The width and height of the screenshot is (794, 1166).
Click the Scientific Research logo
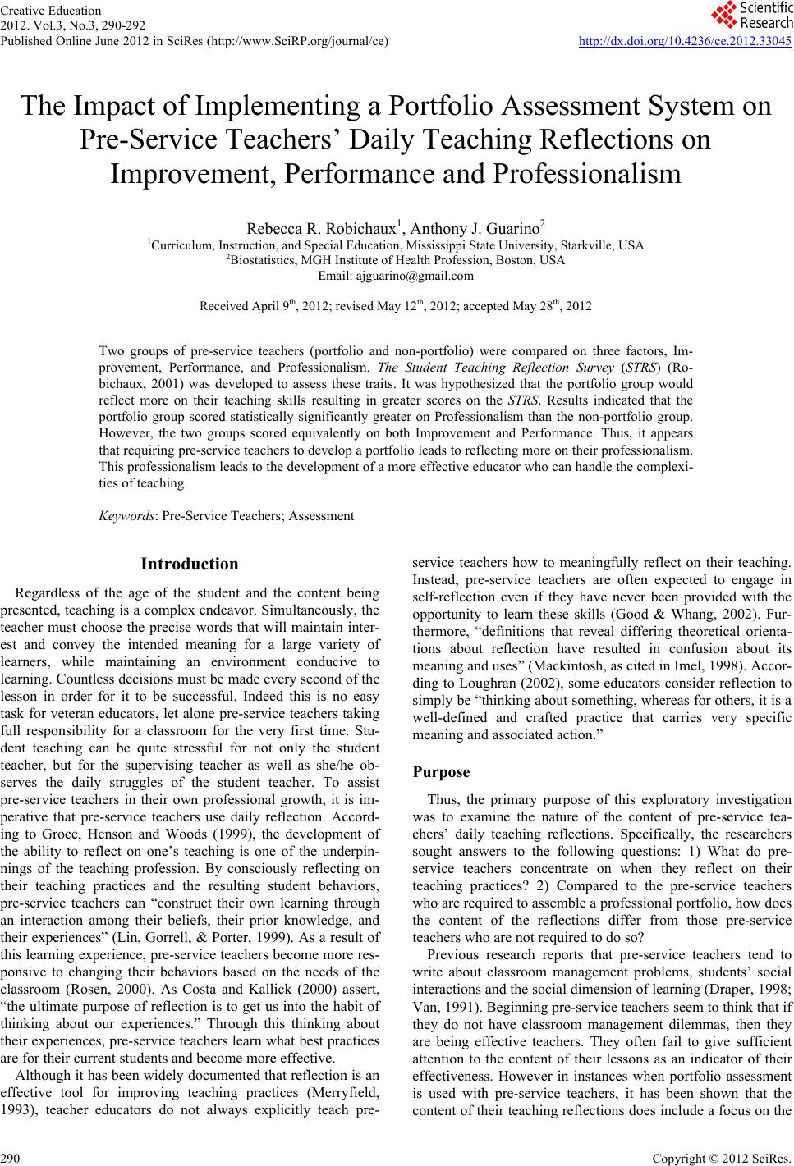[752, 14]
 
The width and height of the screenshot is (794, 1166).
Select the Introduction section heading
[190, 564]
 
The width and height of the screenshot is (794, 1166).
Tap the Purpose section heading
[441, 772]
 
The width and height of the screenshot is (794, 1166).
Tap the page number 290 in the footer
[11, 1157]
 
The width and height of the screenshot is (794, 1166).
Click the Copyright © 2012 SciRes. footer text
[732, 1157]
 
